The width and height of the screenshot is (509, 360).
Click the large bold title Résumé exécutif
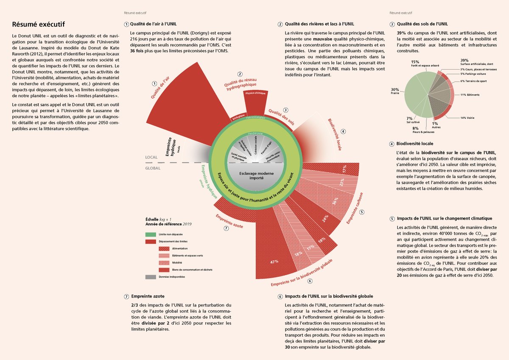(38, 24)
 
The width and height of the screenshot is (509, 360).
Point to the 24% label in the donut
(325, 219)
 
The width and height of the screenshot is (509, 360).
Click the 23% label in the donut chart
(341, 182)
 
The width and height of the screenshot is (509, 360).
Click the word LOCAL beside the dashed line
(151, 157)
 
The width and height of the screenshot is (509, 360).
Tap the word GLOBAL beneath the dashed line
(153, 168)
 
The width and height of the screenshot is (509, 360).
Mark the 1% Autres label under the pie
(436, 125)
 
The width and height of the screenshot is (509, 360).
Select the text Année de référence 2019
(169, 223)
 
